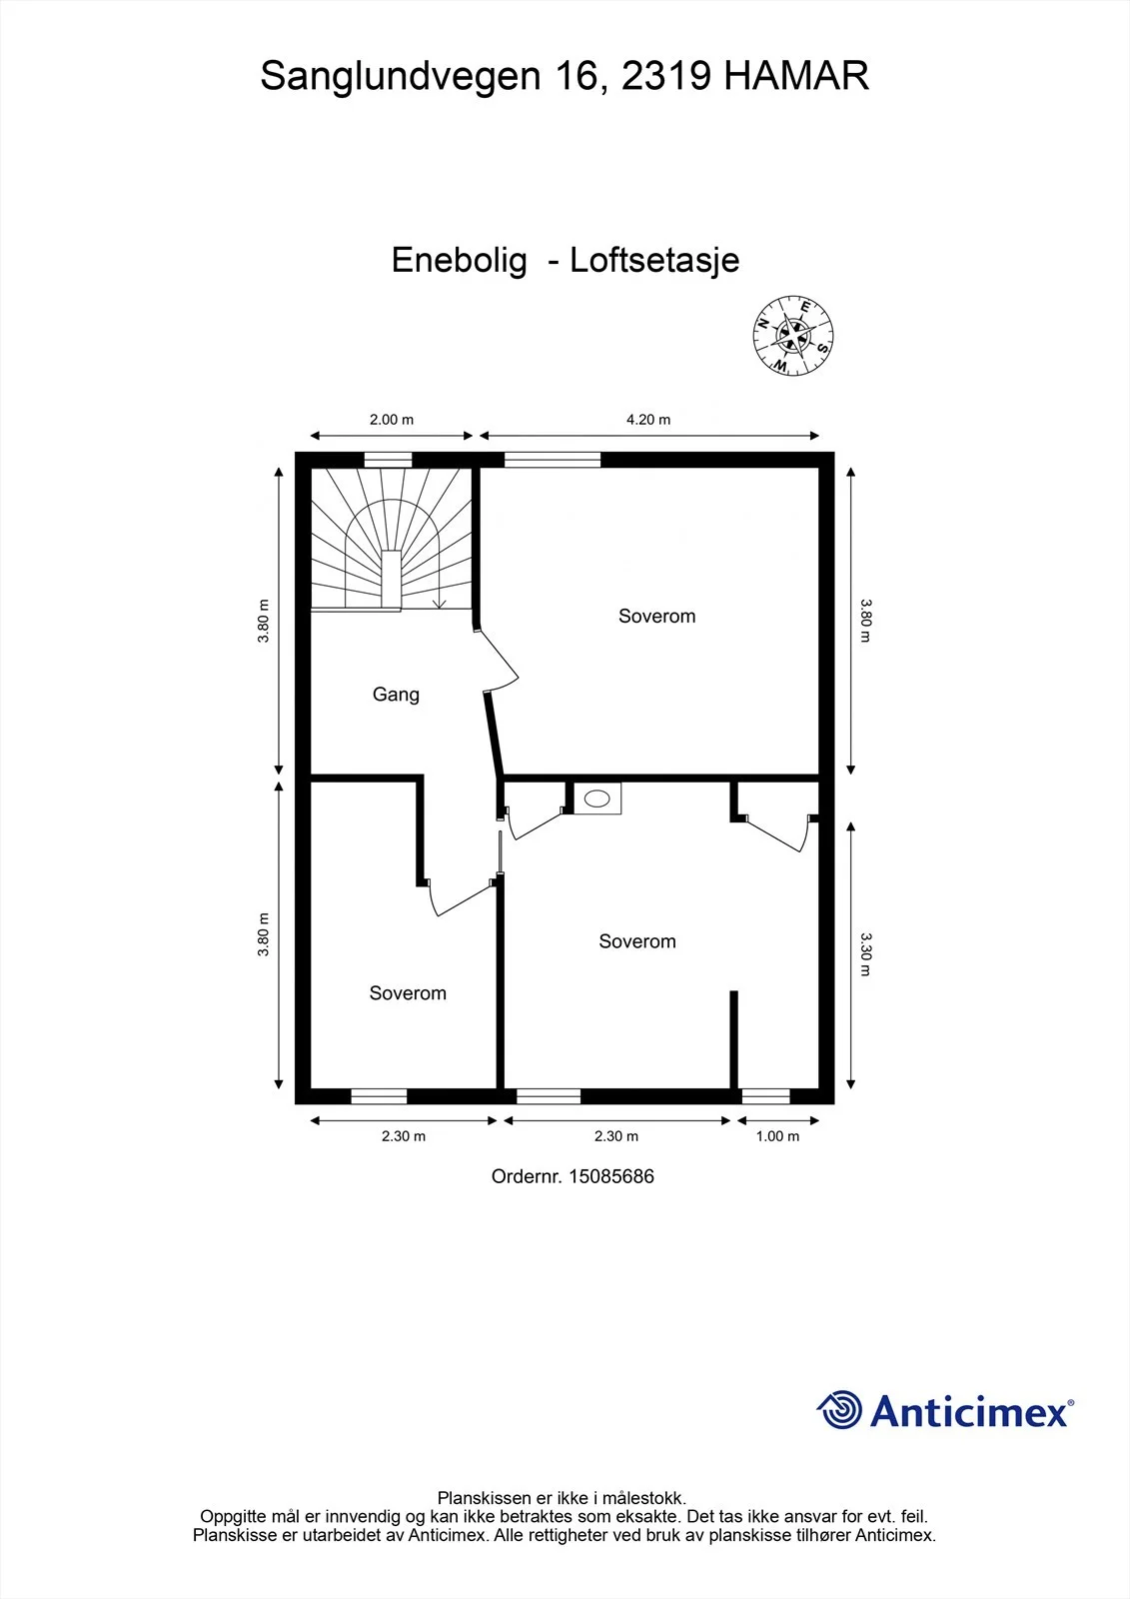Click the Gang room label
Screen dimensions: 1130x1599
point(396,695)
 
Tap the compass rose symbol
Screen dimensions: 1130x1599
point(793,335)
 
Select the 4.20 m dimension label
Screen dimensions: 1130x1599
point(648,420)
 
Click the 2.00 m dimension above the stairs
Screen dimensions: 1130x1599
point(392,420)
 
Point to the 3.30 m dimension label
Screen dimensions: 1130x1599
point(865,953)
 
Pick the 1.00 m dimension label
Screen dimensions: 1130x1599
point(777,1136)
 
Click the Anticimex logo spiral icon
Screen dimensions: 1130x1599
point(839,1410)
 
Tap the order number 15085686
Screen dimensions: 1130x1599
point(611,1176)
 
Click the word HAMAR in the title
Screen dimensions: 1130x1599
point(796,76)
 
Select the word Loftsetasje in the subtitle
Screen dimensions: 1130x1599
point(654,260)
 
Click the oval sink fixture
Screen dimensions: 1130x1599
point(596,799)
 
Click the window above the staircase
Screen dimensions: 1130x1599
point(389,460)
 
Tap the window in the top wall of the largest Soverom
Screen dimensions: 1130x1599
point(553,460)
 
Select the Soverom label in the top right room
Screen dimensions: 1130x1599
point(656,616)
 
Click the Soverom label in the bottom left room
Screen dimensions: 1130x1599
point(408,993)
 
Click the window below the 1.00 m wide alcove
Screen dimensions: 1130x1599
point(766,1096)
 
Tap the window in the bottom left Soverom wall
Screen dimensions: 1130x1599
point(379,1096)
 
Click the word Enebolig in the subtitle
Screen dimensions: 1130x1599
point(459,260)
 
